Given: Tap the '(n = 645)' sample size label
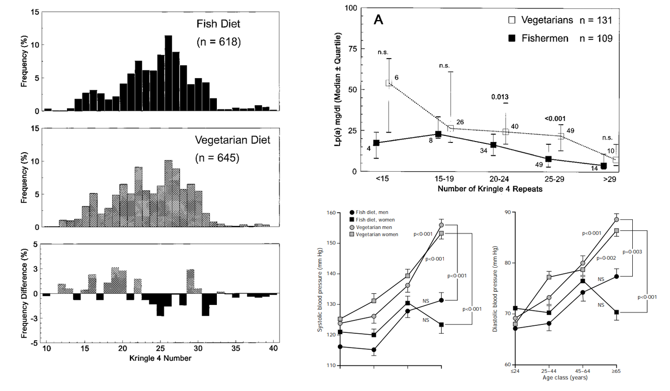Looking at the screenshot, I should click(x=218, y=158).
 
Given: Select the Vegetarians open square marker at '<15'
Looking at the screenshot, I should click(x=389, y=83).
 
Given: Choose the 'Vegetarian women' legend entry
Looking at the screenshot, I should click(x=377, y=234).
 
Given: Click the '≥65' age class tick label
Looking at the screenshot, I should click(x=616, y=371).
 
